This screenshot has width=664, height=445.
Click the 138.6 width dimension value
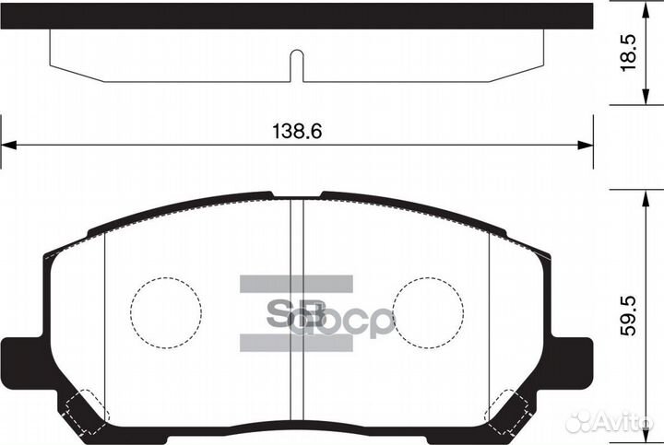[x=296, y=132]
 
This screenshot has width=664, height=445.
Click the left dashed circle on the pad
[x=165, y=311]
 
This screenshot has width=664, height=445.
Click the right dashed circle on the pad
[x=427, y=311]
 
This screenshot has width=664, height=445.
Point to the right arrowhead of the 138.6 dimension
[x=583, y=145]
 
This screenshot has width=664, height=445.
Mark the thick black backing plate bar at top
[x=296, y=16]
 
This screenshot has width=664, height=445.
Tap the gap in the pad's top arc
[x=296, y=196]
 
